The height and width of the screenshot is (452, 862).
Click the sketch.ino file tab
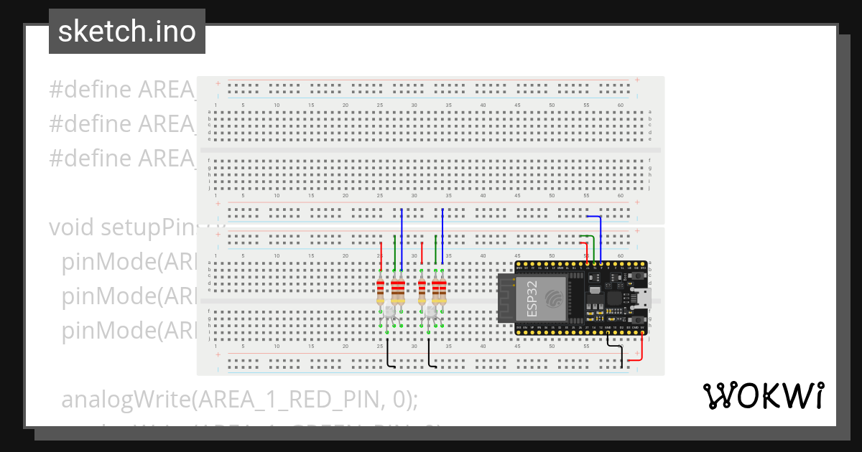click(127, 32)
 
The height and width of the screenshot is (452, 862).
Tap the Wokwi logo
click(763, 395)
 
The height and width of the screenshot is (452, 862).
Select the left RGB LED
click(388, 311)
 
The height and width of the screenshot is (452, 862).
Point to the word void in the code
click(72, 227)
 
